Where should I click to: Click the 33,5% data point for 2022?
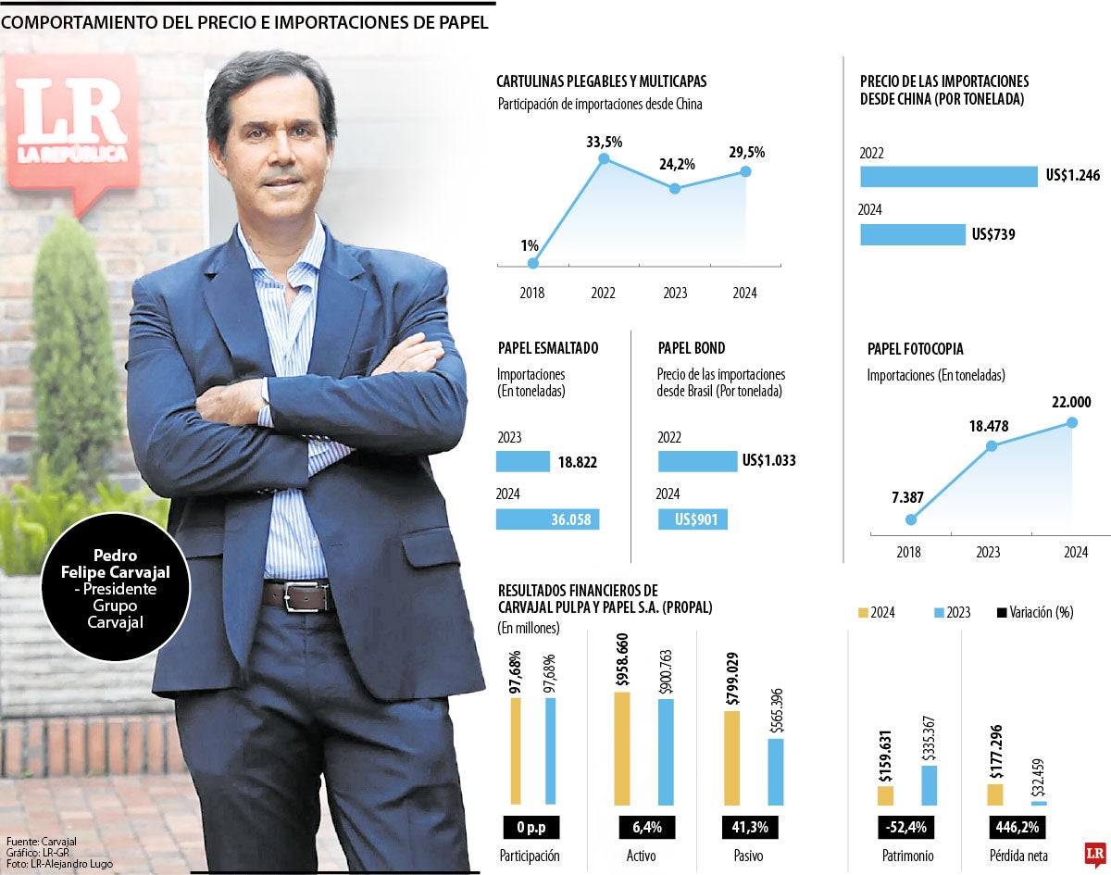pyautogui.click(x=604, y=159)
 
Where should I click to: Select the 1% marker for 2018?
pyautogui.click(x=532, y=264)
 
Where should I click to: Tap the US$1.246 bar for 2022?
pyautogui.click(x=948, y=176)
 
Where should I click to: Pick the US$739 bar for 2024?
pyautogui.click(x=912, y=234)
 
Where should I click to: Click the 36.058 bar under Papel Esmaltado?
pyautogui.click(x=547, y=519)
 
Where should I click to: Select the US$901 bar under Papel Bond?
pyautogui.click(x=693, y=519)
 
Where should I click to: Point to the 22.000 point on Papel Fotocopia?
pyautogui.click(x=1073, y=423)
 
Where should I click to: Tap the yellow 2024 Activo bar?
pyautogui.click(x=622, y=748)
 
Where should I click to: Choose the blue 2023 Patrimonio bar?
pyautogui.click(x=930, y=785)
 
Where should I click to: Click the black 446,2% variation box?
pyautogui.click(x=1017, y=826)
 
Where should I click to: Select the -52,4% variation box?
pyautogui.click(x=905, y=826)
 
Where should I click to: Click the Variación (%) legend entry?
pyautogui.click(x=1036, y=613)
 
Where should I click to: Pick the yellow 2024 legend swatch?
pyautogui.click(x=864, y=613)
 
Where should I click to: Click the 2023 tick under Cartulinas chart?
pyautogui.click(x=675, y=293)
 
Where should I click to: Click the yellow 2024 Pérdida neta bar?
pyautogui.click(x=994, y=794)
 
